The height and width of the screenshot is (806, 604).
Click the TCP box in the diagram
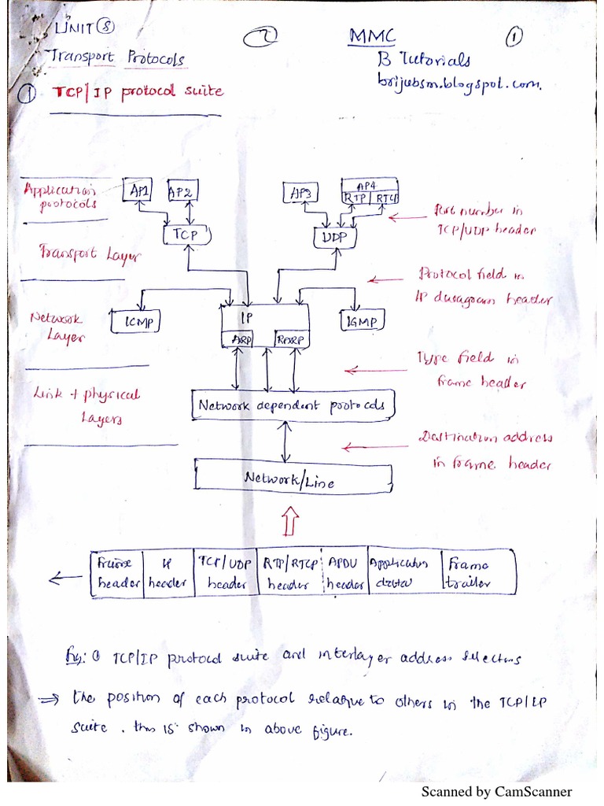[x=186, y=234]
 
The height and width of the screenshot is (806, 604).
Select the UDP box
[x=335, y=236]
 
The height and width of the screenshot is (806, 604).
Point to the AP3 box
[x=300, y=193]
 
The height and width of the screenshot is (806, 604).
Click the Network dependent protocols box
[x=293, y=406]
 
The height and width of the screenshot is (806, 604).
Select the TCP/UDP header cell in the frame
[x=226, y=572]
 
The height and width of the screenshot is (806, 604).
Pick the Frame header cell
[x=117, y=572]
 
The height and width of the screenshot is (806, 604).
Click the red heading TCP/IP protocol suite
[x=138, y=91]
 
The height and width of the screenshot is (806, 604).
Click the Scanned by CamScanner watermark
[x=496, y=791]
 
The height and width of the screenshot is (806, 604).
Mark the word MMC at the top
[x=371, y=36]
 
